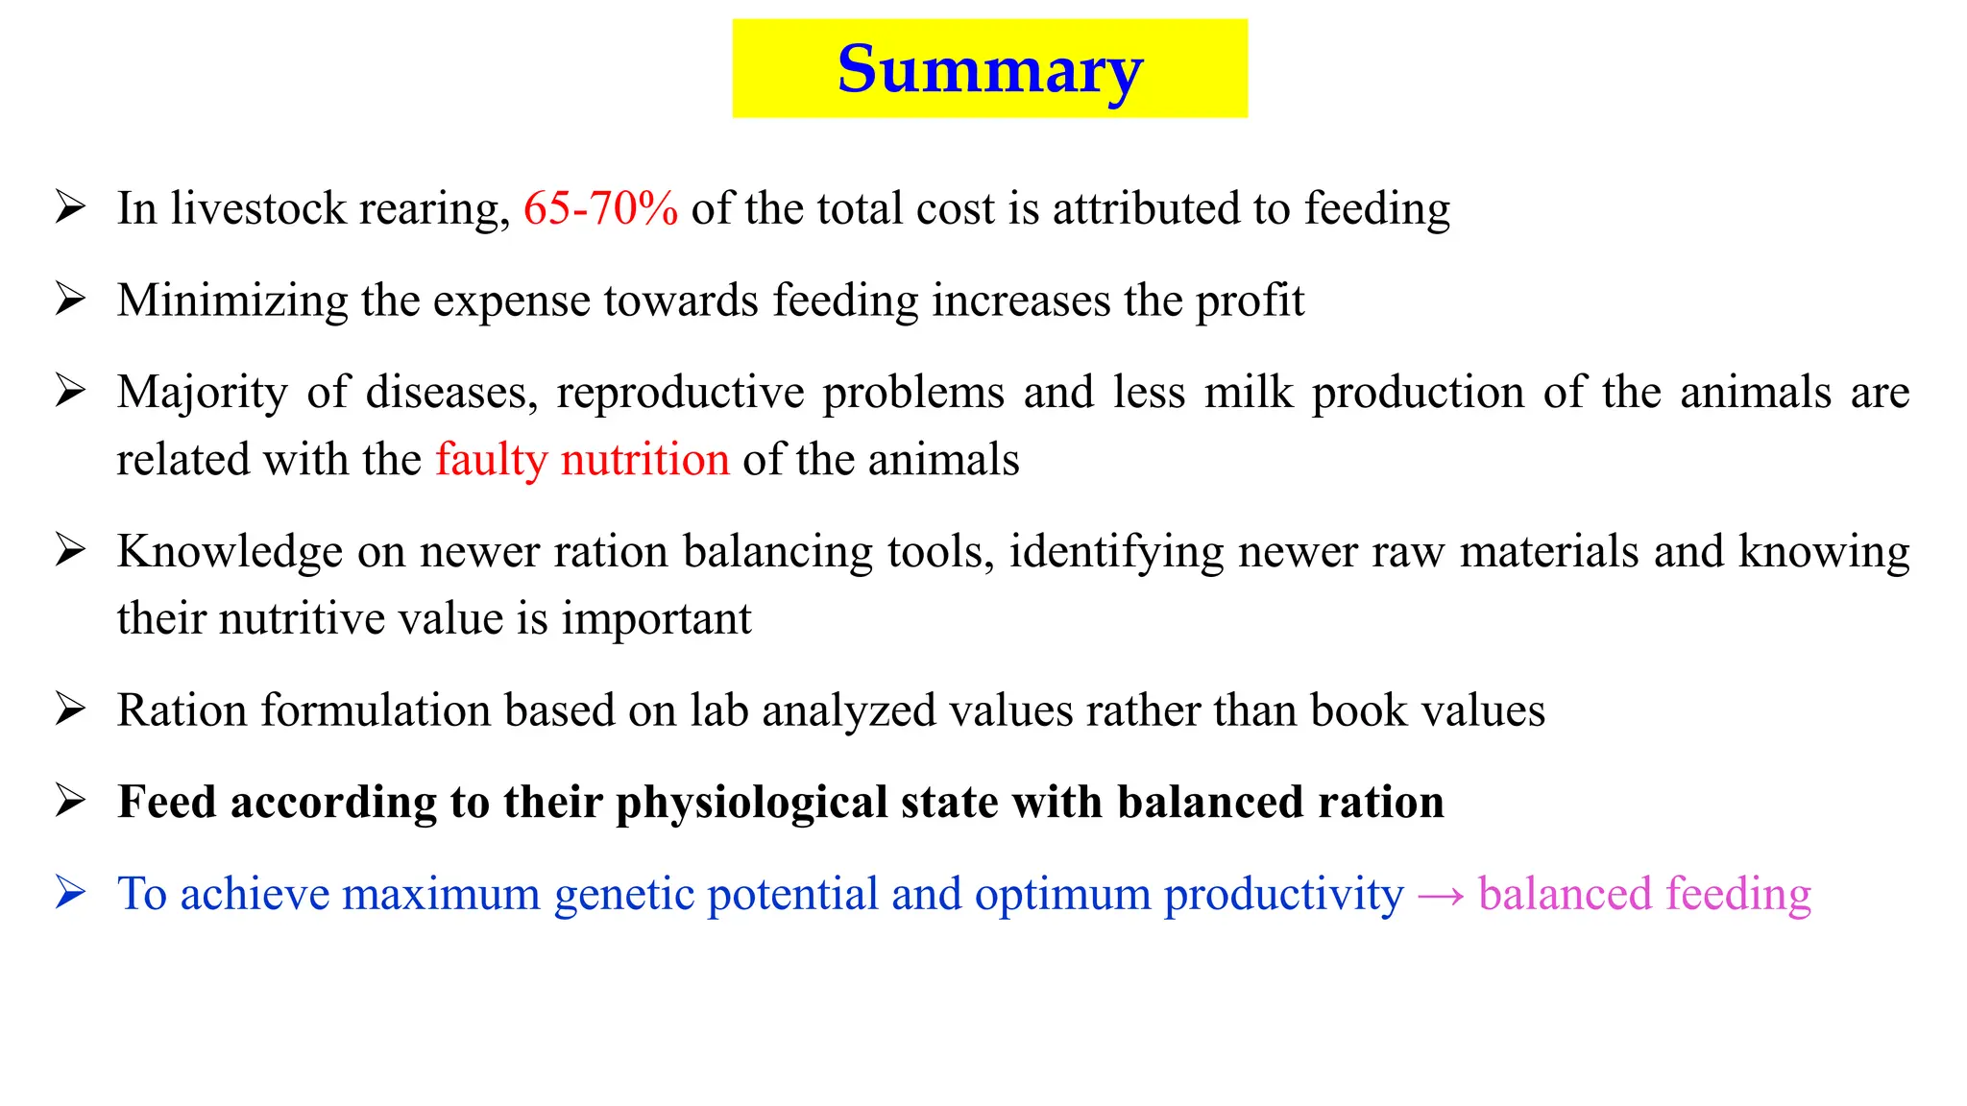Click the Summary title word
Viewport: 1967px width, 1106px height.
point(989,69)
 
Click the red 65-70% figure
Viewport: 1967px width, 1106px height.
point(600,208)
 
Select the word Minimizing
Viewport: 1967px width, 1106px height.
point(232,301)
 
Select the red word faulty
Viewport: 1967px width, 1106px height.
point(491,460)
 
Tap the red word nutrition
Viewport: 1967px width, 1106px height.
point(644,460)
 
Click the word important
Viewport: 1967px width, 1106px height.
point(656,618)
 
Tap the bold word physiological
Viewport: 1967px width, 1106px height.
point(751,803)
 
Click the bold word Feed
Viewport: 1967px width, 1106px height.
point(167,803)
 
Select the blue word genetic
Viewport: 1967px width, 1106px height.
point(624,895)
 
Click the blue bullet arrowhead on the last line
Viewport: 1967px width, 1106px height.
point(70,893)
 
